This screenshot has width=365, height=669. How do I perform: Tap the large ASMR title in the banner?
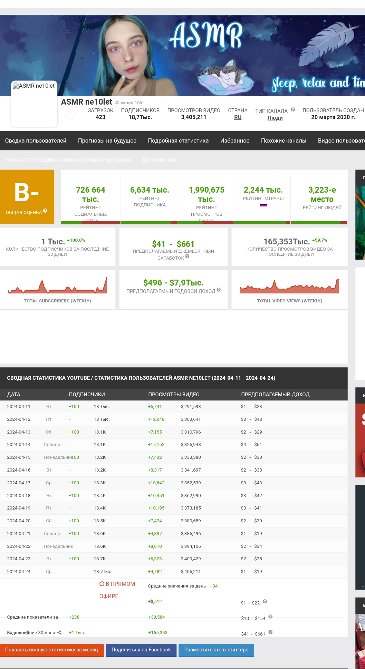[206, 36]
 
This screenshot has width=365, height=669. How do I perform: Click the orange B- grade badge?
[27, 196]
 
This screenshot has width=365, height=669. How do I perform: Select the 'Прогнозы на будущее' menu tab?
[107, 140]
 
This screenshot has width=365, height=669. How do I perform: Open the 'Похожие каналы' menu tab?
[284, 140]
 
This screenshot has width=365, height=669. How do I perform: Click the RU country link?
[238, 117]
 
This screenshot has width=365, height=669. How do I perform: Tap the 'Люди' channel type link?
[275, 118]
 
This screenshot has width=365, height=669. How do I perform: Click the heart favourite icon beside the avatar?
[70, 116]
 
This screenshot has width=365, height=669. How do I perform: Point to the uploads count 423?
[100, 117]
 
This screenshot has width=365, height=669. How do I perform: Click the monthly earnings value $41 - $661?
[173, 244]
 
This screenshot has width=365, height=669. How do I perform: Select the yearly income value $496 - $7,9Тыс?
[173, 283]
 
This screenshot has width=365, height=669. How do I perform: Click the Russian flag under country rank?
[263, 205]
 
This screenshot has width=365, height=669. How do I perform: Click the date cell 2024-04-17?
[19, 483]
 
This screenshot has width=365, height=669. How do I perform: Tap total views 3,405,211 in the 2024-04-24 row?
[191, 571]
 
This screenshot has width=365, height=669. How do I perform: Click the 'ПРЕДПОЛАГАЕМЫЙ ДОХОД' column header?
[275, 395]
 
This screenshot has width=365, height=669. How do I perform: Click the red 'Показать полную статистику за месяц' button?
[52, 650]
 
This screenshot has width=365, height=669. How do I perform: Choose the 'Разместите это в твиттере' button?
[216, 650]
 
